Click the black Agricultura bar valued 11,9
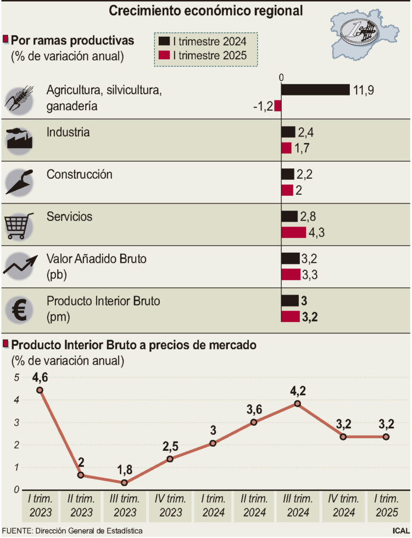tap(315, 90)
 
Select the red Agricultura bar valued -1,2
tap(278, 106)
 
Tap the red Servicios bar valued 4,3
tap(293, 233)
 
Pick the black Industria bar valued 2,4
tap(288, 132)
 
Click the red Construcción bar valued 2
tap(287, 190)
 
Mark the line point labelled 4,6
tap(40, 390)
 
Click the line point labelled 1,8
tap(124, 483)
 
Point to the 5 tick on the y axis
tap(17, 378)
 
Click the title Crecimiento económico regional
tap(206, 10)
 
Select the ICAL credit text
tap(401, 531)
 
